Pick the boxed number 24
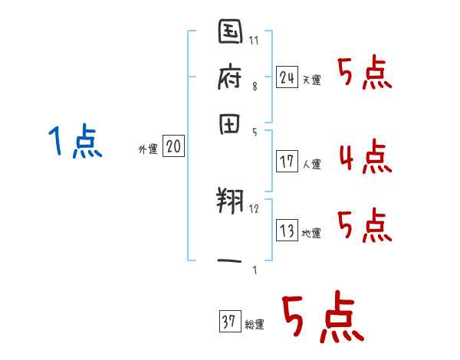(287, 77)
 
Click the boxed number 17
(287, 161)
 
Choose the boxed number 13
(287, 229)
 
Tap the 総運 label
(255, 325)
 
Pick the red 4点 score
(364, 159)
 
